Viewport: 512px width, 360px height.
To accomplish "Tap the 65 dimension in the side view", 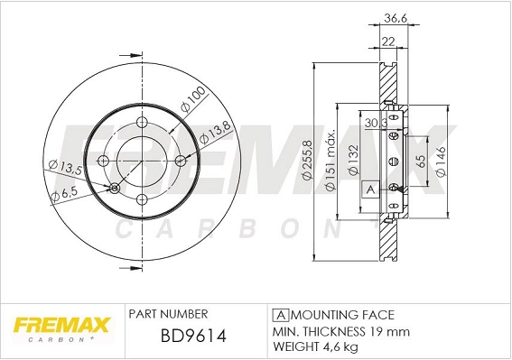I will (x=421, y=163).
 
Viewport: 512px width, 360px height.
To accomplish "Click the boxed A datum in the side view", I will (x=370, y=189).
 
